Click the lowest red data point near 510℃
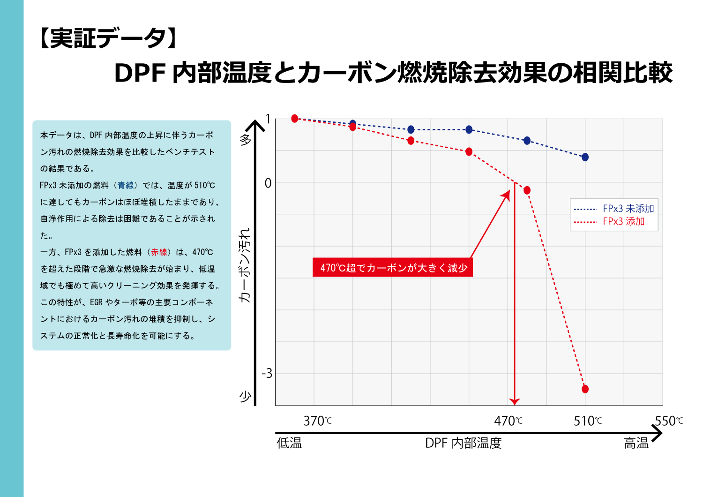[585, 389]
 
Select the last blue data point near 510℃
[585, 157]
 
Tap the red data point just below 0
[527, 190]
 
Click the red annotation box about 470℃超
[393, 268]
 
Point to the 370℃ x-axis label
[317, 421]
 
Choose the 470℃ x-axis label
[508, 421]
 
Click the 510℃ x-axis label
[588, 421]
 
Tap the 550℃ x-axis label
[669, 421]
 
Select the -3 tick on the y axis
[267, 373]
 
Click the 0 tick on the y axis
[268, 183]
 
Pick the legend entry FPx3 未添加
[628, 209]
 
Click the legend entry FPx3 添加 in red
[623, 221]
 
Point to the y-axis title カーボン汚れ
[245, 265]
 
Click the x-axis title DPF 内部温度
[463, 443]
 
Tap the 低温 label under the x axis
[289, 443]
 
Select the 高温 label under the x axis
[636, 443]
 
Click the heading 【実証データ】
[107, 38]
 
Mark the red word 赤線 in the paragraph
[159, 252]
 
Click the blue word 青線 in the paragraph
[126, 185]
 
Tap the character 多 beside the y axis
[246, 139]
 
